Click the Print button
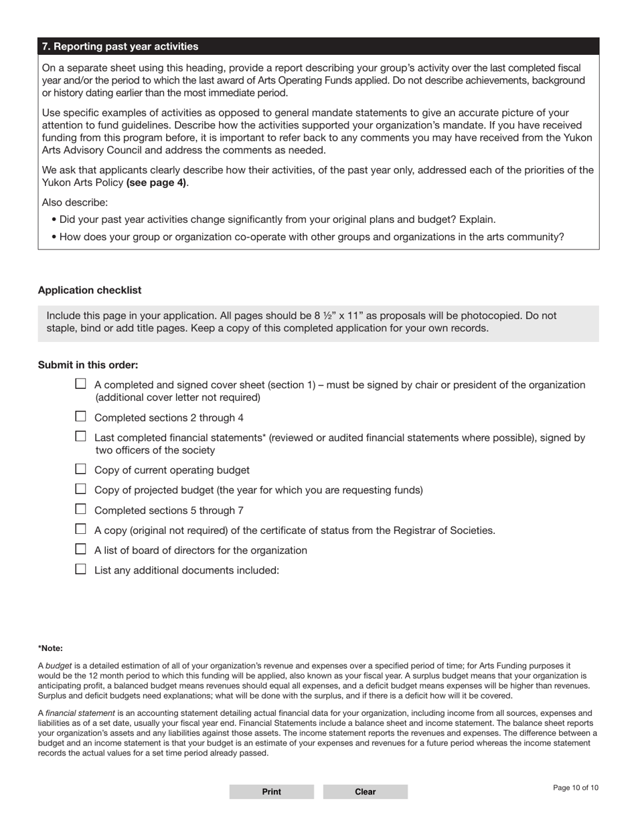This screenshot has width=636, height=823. pos(271,792)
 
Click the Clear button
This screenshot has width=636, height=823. pos(365,792)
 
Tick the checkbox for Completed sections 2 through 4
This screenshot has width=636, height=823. pos(81,416)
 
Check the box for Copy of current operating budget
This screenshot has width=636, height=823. pos(81,469)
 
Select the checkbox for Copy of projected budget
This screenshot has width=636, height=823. pos(81,489)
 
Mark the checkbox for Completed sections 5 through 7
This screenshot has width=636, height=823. pos(81,509)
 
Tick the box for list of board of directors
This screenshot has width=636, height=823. pos(81,549)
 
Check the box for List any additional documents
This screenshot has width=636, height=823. pos(81,569)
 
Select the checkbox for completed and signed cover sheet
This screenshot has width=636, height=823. pos(81,384)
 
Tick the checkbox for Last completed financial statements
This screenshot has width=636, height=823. pos(81,436)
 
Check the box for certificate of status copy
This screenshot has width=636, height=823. pos(81,529)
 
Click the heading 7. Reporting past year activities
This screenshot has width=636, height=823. pos(120,46)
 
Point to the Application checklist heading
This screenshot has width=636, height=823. pos(90,290)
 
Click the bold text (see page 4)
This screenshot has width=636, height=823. pos(156,182)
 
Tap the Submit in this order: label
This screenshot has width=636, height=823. pos(88,365)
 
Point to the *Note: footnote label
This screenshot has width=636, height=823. pos(50,648)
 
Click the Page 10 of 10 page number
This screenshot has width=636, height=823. pos(576,788)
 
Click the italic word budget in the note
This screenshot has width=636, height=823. pos(58,666)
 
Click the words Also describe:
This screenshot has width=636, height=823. pos(74,202)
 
